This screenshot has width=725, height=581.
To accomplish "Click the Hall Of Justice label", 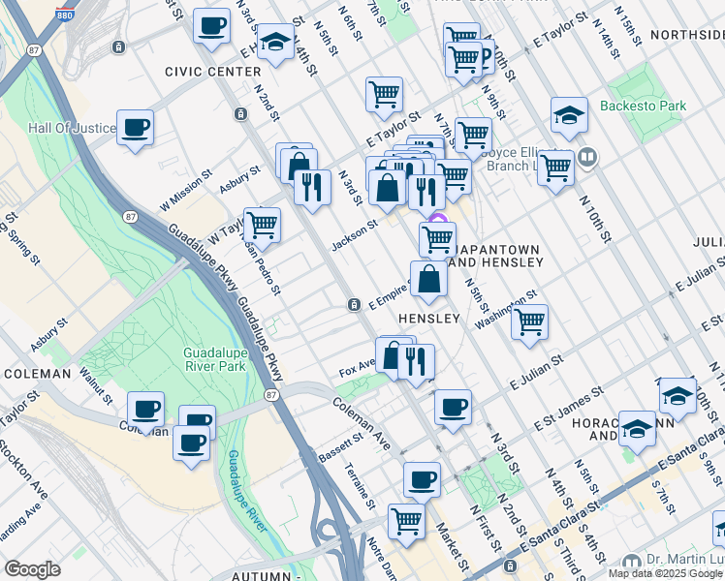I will click(65, 128).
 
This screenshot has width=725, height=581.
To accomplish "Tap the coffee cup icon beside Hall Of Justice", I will click(136, 128).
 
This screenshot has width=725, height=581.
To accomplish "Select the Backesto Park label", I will click(643, 106).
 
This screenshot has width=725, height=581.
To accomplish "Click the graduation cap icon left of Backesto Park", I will click(569, 115).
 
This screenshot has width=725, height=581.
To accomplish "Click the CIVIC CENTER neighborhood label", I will click(212, 72).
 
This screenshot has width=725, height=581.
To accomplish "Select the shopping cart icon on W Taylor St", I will click(263, 226).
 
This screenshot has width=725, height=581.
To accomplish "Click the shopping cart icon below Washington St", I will click(529, 322).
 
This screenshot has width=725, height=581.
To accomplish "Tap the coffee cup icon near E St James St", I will click(453, 407).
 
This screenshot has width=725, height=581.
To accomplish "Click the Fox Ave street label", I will click(357, 369).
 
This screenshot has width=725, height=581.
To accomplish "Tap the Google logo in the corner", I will click(32, 569).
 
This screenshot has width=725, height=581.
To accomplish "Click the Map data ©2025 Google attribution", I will click(665, 573).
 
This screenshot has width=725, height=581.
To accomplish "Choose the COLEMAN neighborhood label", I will click(37, 373).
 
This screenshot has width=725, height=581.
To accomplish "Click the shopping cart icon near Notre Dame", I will click(406, 521).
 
